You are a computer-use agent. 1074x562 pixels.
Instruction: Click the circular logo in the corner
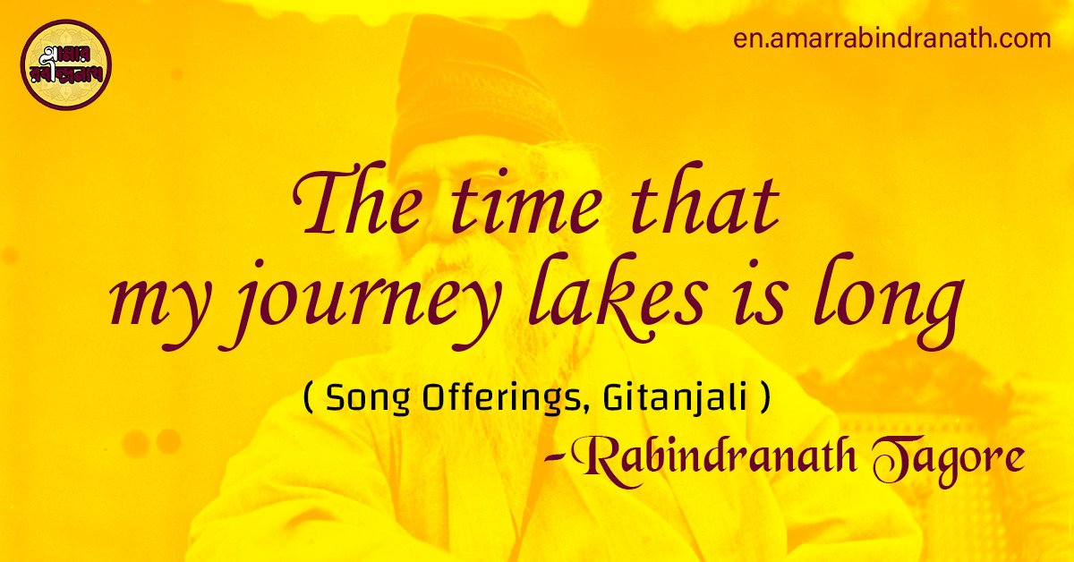coord(65,65)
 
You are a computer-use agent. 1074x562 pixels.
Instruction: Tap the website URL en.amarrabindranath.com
coord(891,39)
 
